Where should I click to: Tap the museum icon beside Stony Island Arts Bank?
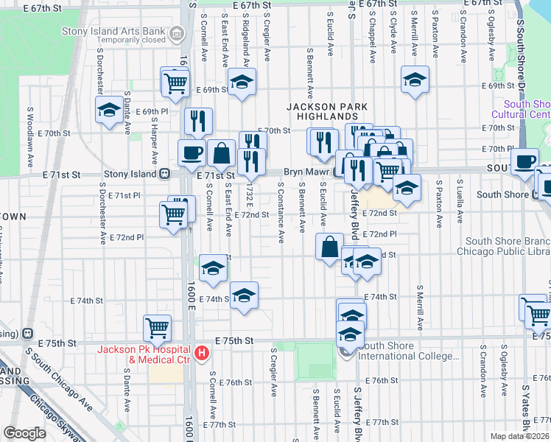pyautogui.click(x=177, y=33)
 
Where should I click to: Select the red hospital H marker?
pyautogui.click(x=200, y=354)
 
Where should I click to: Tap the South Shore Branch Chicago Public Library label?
pyautogui.click(x=508, y=246)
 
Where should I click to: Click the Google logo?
pyautogui.click(x=24, y=433)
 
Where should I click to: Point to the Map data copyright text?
pyautogui.click(x=520, y=436)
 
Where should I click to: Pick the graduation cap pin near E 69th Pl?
pyautogui.click(x=110, y=110)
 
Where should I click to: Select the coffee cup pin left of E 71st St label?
pyautogui.click(x=192, y=152)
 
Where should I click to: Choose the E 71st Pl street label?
pyautogui.click(x=124, y=196)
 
